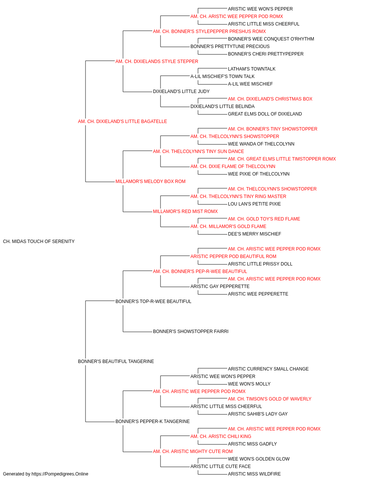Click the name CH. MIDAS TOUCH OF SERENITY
[39, 241]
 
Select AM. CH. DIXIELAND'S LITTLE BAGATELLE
[122, 121]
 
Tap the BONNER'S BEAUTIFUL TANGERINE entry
[116, 361]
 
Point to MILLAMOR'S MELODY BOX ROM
[150, 181]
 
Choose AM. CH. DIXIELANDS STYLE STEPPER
[157, 61]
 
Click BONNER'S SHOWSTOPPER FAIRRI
[190, 331]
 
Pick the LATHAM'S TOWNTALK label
[252, 69]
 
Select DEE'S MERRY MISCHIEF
[254, 234]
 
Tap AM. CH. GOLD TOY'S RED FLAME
[264, 219]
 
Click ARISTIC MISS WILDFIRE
[254, 474]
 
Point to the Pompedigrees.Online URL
[60, 474]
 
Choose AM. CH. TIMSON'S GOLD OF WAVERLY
[270, 399]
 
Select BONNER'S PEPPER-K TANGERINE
[152, 421]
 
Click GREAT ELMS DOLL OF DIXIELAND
[265, 114]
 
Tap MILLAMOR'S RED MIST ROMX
[185, 211]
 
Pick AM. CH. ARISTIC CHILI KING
[221, 436]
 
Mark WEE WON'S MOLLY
[249, 384]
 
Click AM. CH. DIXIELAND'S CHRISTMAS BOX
[270, 99]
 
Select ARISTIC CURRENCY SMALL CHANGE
[268, 369]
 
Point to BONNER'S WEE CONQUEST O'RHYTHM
[271, 39]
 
